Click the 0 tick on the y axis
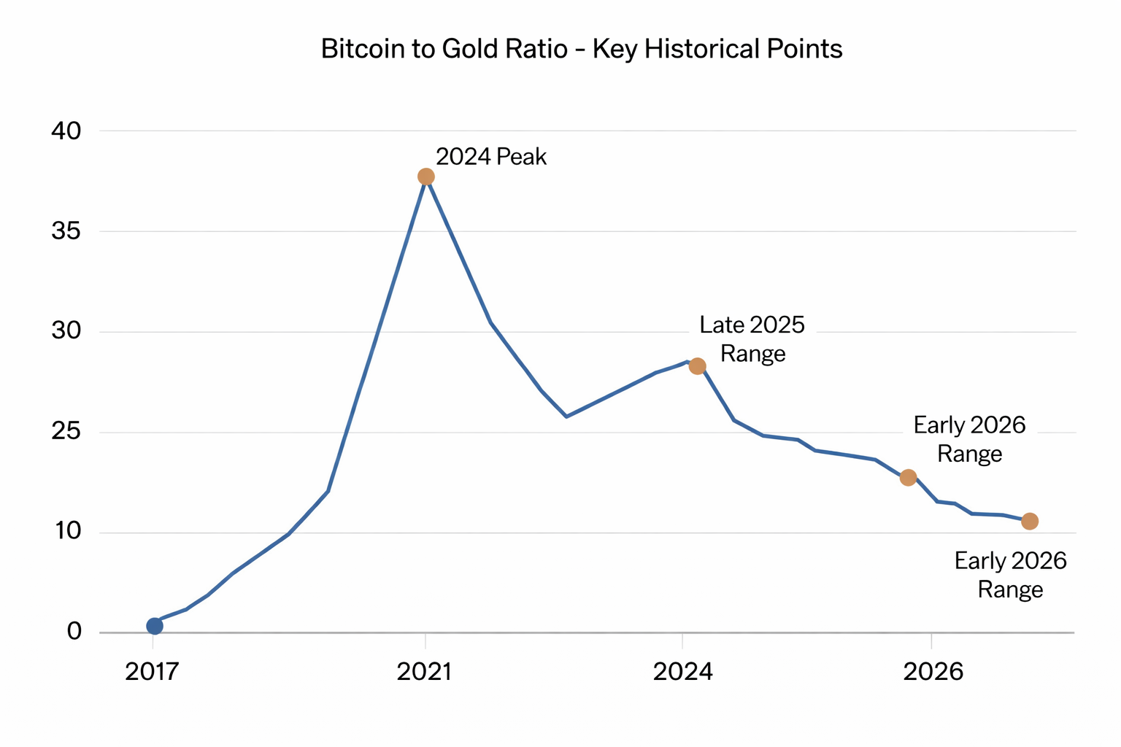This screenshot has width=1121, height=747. [x=74, y=632]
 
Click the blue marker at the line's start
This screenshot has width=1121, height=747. [x=155, y=626]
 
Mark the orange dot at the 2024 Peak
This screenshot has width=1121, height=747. [x=426, y=177]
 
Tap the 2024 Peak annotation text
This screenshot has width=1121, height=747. [x=491, y=157]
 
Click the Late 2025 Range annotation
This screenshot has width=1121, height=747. [x=752, y=339]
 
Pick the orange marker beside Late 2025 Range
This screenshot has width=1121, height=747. [x=697, y=365]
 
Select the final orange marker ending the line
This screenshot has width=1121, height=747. [x=1030, y=521]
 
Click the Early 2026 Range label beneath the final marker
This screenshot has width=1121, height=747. [x=1011, y=575]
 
